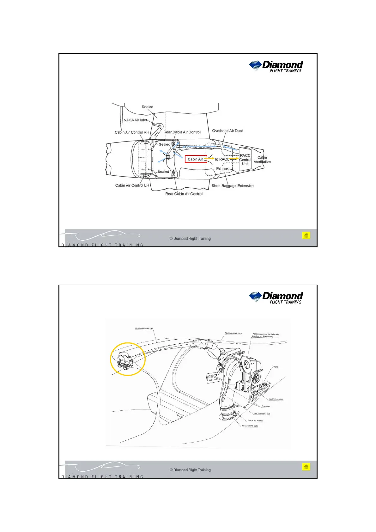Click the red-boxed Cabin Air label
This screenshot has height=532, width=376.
click(x=196, y=159)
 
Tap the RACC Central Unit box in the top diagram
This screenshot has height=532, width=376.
click(x=245, y=160)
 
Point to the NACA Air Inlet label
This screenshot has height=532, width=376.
click(x=135, y=120)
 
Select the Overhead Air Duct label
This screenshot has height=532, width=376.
click(x=227, y=131)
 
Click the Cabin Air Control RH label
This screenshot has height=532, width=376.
click(x=132, y=132)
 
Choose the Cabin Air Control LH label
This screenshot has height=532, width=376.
click(x=132, y=185)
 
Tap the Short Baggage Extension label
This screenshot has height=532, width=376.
click(x=233, y=186)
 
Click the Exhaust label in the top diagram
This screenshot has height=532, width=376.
click(x=223, y=169)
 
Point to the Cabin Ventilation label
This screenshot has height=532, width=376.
click(x=262, y=160)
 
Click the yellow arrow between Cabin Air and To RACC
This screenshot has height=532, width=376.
click(x=211, y=159)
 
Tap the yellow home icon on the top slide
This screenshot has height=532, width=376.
click(x=306, y=235)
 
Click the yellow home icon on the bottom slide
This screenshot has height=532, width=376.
click(x=306, y=467)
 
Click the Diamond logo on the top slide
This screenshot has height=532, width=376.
click(x=276, y=66)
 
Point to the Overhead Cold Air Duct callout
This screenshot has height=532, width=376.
click(x=144, y=329)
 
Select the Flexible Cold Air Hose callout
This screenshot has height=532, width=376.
click(x=233, y=333)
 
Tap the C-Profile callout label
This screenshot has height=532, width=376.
click(x=275, y=367)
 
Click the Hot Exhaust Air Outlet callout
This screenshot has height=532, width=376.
click(x=250, y=426)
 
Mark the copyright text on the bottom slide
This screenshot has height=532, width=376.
click(x=190, y=470)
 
